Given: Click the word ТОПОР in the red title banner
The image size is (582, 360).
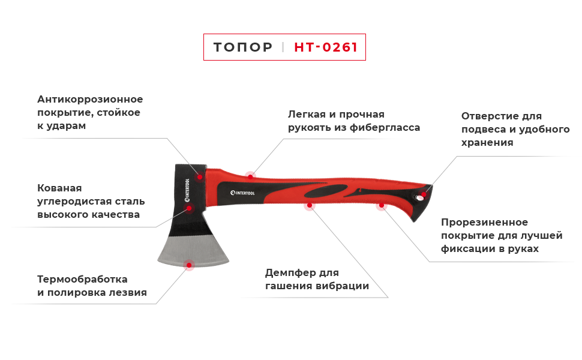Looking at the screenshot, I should click(242, 47).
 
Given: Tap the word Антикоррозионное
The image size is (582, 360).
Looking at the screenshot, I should click(90, 100).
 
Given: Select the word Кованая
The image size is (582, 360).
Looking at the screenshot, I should click(59, 188).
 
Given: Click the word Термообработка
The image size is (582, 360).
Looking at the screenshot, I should click(82, 280).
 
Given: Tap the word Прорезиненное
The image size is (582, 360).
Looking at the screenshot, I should click(485, 223).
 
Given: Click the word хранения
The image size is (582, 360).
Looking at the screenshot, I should click(487, 143).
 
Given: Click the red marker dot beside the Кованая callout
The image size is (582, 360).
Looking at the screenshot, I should click(189, 208).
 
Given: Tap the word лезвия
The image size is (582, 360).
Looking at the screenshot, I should click(128, 293).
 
